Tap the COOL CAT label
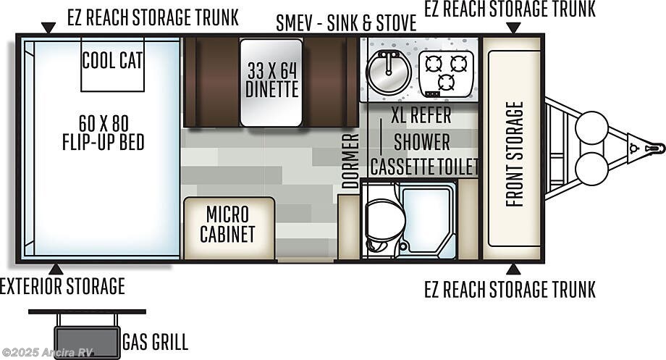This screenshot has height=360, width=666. (112, 60)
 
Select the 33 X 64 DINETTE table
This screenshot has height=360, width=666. (271, 83)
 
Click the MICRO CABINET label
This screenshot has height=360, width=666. (227, 224)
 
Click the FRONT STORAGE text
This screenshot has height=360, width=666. (515, 154)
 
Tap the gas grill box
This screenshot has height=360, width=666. (87, 343)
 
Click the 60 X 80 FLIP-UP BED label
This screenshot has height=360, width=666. (104, 133)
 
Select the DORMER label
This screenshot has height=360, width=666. (351, 161)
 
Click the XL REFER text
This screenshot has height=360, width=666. (421, 115)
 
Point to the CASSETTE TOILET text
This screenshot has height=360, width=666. (424, 166)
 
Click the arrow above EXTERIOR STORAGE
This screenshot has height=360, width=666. (56, 269)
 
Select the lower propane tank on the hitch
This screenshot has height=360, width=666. (591, 169)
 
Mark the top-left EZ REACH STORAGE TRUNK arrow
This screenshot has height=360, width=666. (49, 28)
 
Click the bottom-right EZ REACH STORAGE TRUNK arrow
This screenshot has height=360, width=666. (513, 269)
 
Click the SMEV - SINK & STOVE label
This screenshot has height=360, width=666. (346, 23)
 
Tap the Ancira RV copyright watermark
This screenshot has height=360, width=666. (48, 352)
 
